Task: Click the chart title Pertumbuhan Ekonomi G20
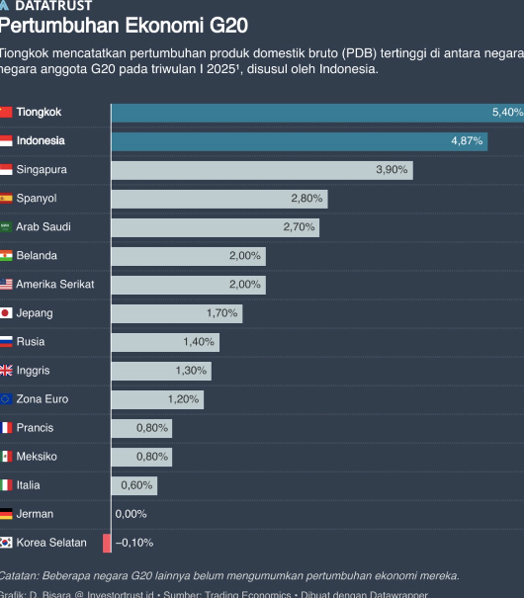coord(124,24)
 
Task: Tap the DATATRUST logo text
coord(53,6)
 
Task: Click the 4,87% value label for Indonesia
coord(467,141)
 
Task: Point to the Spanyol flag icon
coord(5,199)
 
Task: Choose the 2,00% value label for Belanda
coord(244,256)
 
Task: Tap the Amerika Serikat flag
coord(5,285)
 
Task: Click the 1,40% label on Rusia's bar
coord(198,342)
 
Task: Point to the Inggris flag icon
coord(5,371)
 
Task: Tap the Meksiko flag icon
coord(5,457)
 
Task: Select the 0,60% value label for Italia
coord(136,485)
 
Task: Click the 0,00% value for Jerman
coord(131,514)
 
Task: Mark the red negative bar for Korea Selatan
coord(107,543)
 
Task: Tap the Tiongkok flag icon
coord(5,113)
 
